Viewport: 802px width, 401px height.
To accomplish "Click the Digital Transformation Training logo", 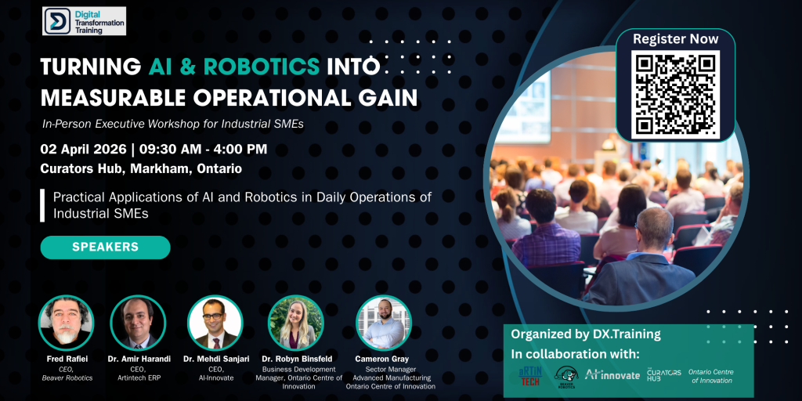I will tap(84, 21).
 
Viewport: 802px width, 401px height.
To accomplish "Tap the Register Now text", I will tap(675, 38).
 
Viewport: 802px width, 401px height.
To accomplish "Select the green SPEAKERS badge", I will tap(105, 247).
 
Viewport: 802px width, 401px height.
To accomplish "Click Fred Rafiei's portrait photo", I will tap(66, 322).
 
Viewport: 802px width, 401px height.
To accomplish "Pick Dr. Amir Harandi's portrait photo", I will tap(138, 322).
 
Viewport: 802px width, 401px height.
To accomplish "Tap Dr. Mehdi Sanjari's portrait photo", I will tap(215, 322).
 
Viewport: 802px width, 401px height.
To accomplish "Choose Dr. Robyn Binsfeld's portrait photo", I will tap(295, 322).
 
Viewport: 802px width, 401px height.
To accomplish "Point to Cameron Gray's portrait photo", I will tap(384, 322).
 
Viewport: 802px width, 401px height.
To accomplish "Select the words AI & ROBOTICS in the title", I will tap(234, 67).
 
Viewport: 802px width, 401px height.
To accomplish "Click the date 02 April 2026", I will tap(81, 149).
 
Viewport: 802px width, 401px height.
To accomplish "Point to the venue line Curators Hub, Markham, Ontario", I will tap(141, 168).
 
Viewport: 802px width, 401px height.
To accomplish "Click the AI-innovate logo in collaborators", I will tap(612, 374).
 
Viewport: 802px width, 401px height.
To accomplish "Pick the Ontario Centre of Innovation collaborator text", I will tap(710, 375).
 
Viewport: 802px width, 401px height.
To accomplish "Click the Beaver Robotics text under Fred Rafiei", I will tap(66, 378).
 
